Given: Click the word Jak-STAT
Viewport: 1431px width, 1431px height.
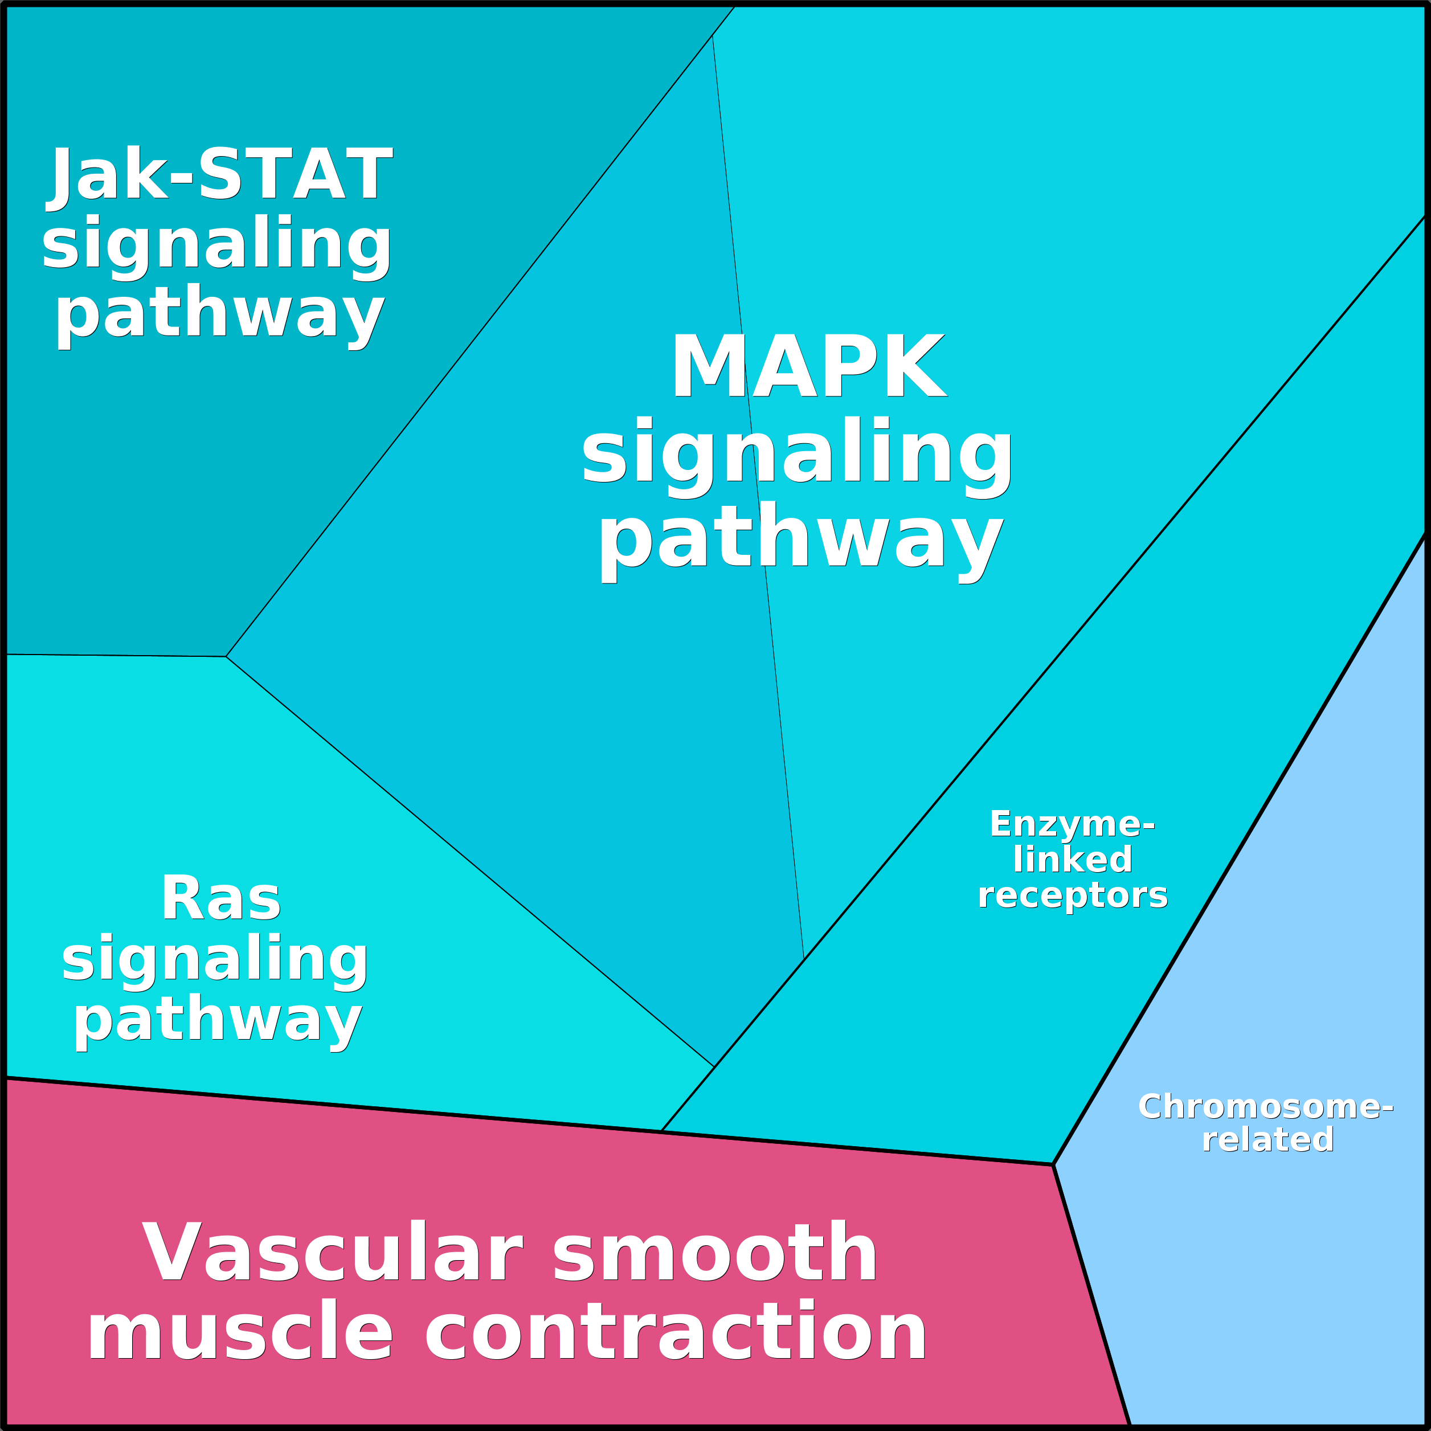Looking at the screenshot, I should [220, 175].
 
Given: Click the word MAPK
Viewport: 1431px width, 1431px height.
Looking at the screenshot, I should [808, 367].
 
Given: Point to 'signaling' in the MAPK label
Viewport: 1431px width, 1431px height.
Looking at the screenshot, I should [796, 452].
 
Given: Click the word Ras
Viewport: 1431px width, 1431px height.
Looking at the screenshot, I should [220, 898].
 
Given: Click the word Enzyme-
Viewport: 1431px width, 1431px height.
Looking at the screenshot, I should [1072, 824].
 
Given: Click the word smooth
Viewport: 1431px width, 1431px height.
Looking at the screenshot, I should [715, 1252].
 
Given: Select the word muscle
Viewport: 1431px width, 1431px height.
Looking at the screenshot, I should [240, 1331].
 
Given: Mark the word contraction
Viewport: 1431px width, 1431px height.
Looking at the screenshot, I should [674, 1331].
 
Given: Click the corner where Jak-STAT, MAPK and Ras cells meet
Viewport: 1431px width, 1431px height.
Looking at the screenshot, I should [226, 656].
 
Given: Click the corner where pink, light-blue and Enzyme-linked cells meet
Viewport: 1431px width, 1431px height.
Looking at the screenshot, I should [1053, 1164].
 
